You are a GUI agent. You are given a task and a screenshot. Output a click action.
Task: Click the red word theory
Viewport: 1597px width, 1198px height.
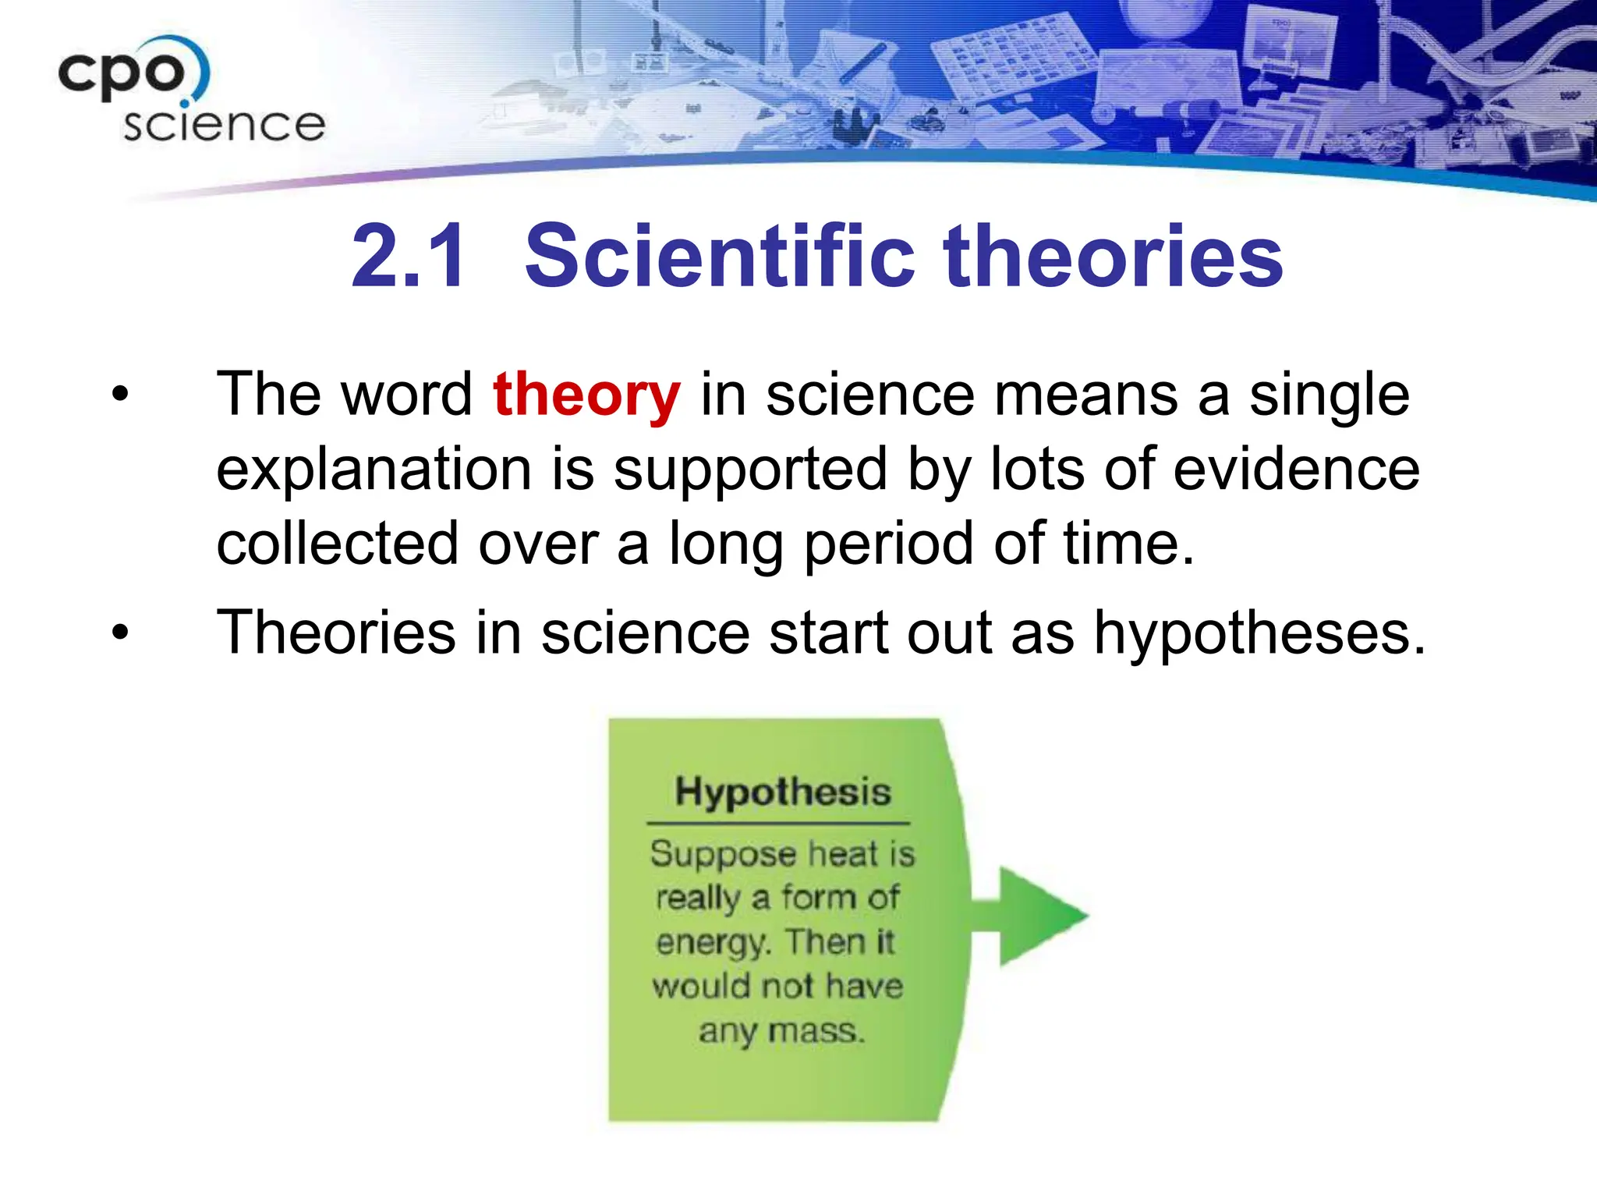click(x=586, y=395)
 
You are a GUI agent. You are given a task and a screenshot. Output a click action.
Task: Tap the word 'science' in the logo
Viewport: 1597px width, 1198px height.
click(x=224, y=126)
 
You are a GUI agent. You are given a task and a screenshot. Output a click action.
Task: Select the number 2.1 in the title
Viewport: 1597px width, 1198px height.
click(x=409, y=256)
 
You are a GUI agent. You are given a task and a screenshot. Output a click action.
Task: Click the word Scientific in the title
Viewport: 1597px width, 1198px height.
click(x=719, y=256)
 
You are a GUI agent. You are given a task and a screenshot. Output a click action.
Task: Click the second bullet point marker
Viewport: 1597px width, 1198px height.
click(x=119, y=631)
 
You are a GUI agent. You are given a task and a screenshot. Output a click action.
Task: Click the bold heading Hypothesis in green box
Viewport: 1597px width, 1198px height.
click(x=782, y=792)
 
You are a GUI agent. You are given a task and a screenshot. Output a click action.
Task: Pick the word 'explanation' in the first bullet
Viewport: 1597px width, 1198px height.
click(x=374, y=471)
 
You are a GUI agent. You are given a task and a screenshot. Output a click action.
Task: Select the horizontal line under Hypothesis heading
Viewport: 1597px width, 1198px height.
click(x=778, y=823)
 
